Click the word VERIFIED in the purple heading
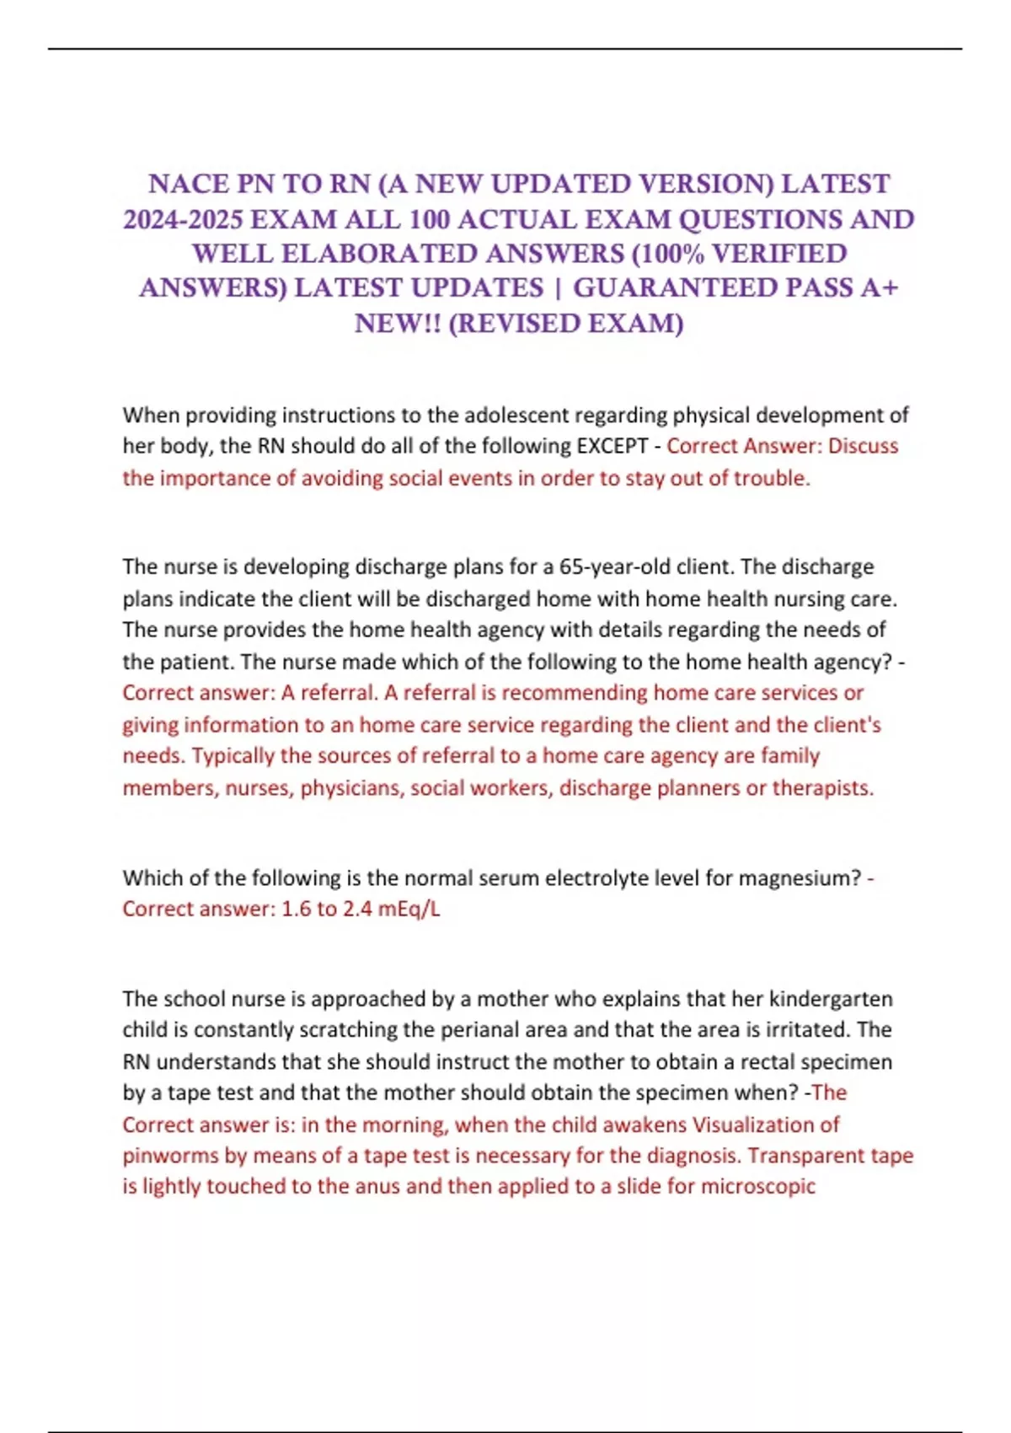coord(779,254)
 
